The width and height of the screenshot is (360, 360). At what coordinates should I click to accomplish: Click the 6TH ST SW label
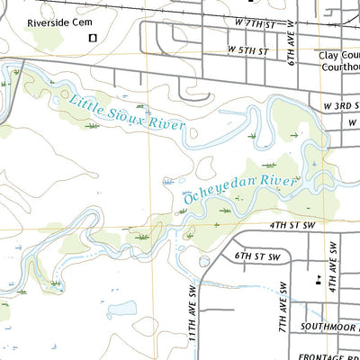coord(258,256)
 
